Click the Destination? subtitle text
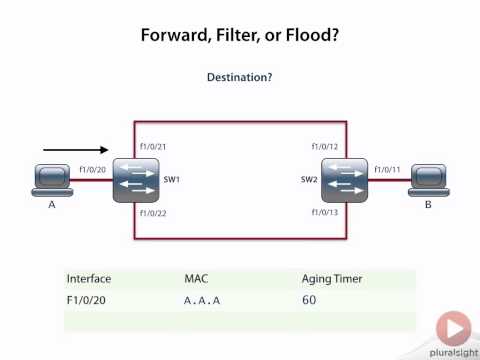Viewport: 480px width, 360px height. (240, 77)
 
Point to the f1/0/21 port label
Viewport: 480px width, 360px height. (153, 147)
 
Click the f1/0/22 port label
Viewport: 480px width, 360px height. (153, 213)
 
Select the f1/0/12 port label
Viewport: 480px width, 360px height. (325, 147)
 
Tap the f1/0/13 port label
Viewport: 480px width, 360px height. (325, 213)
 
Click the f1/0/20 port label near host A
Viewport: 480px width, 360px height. (92, 170)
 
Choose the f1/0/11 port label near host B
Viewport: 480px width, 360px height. (385, 170)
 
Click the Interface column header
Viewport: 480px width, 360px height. (89, 278)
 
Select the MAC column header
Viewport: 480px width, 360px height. (197, 278)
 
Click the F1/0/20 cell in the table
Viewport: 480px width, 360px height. (87, 299)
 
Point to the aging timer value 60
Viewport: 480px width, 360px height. (309, 299)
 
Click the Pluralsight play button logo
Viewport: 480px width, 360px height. (455, 327)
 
